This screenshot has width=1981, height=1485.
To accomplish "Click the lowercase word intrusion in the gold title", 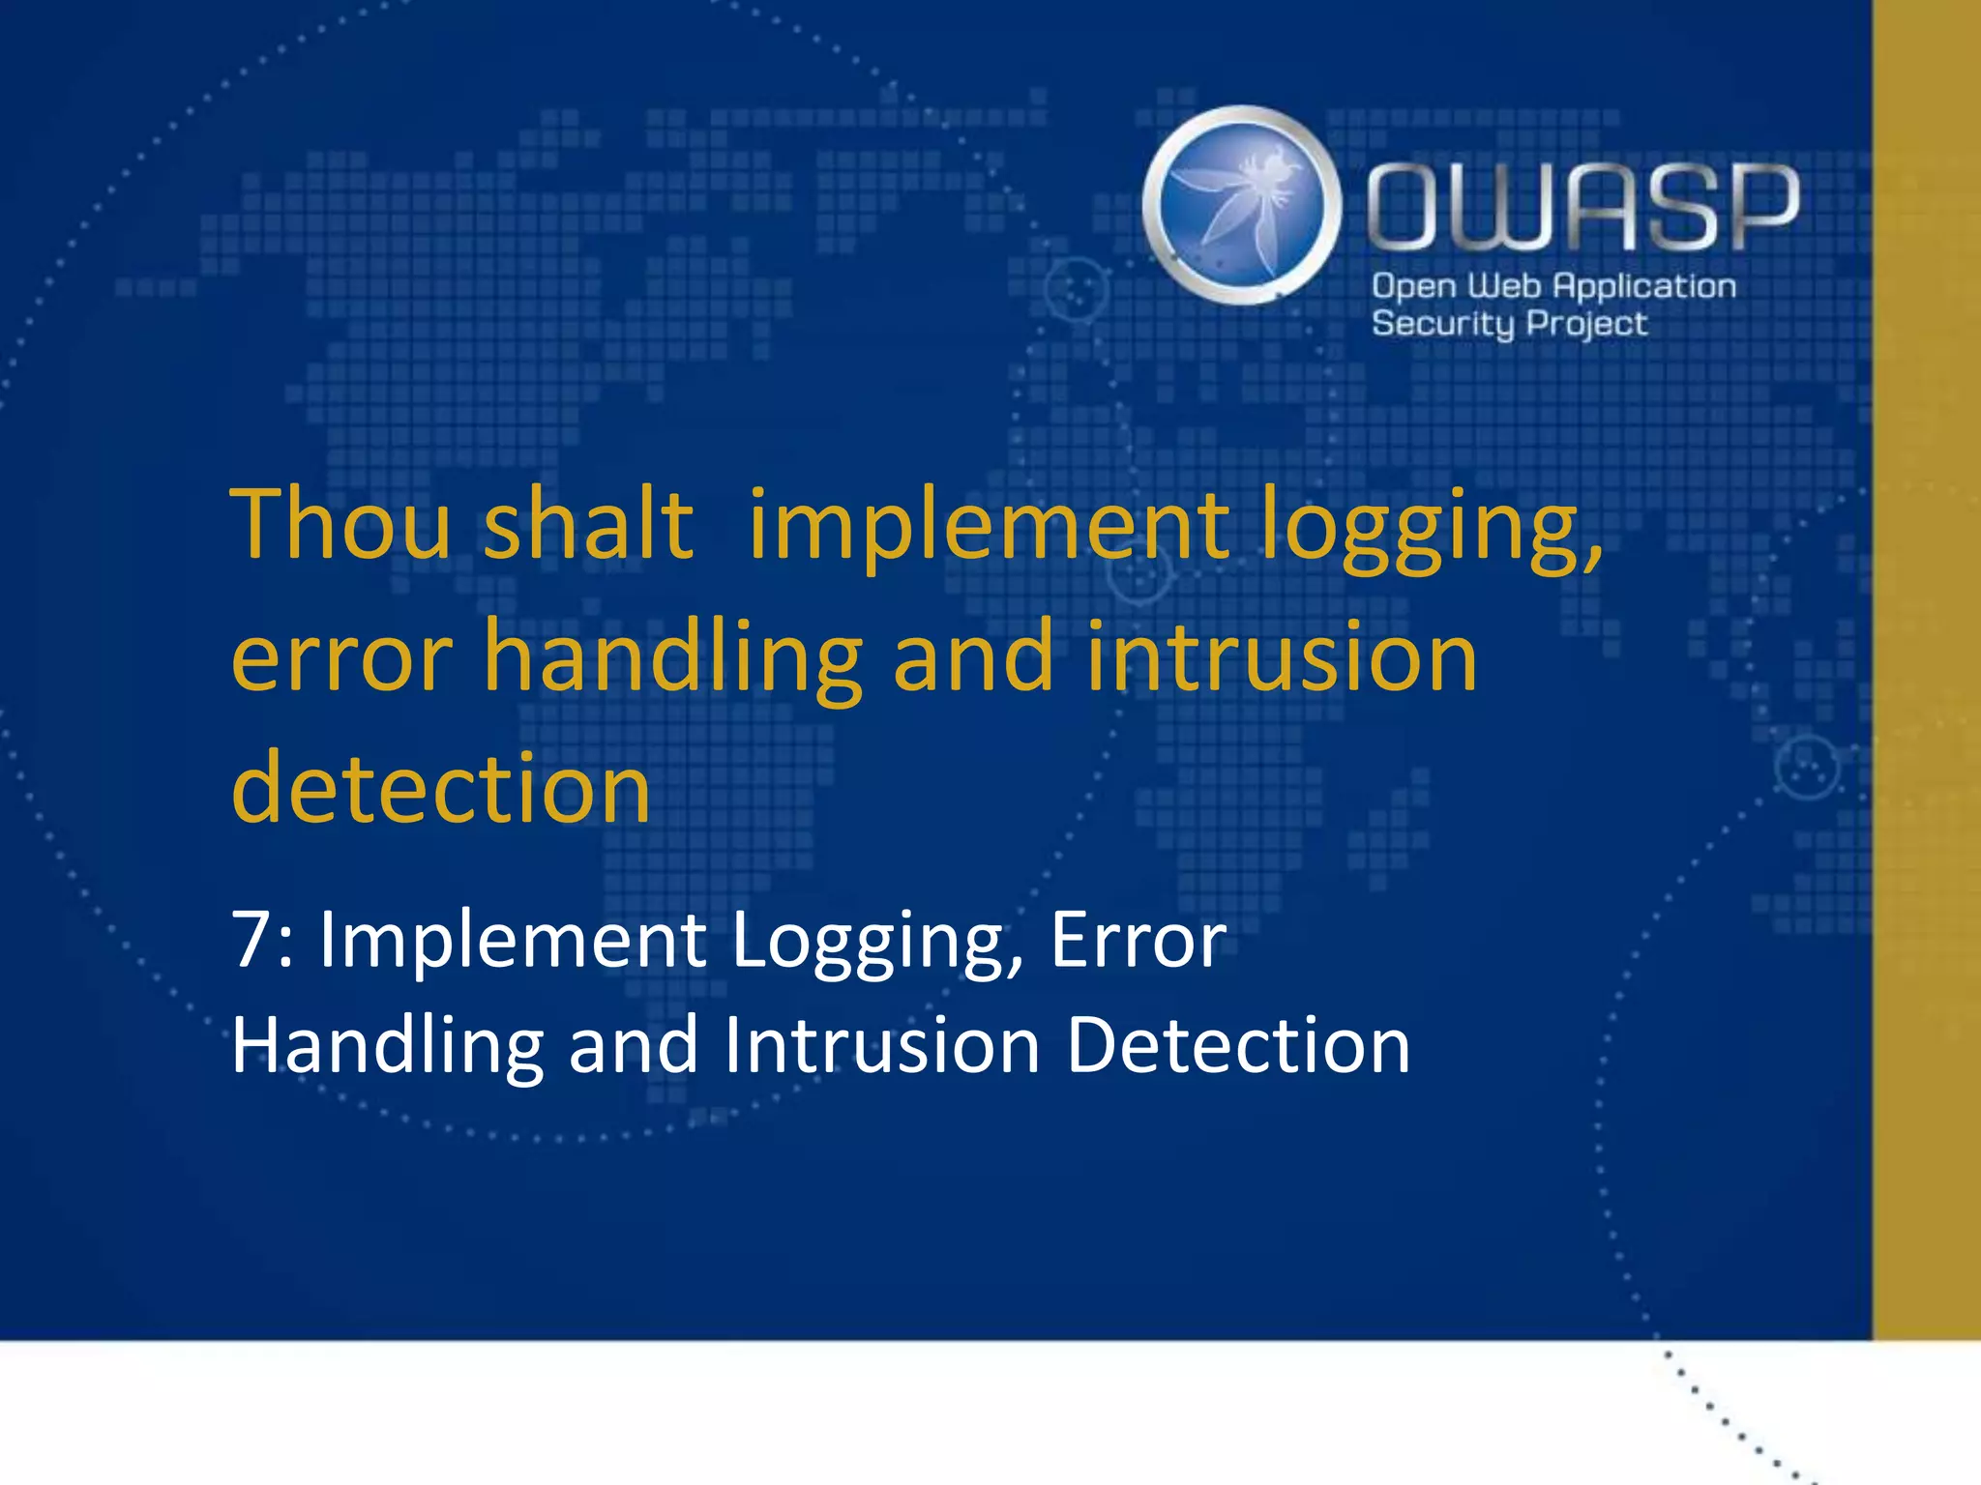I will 1282,657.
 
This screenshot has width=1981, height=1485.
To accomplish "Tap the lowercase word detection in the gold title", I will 441,788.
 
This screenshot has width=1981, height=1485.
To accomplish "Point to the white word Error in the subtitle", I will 1138,940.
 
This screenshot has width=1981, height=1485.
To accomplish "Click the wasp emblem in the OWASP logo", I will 1241,205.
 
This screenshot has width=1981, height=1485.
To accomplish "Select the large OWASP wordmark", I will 1582,206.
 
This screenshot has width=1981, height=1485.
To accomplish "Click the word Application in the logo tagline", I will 1644,287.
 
